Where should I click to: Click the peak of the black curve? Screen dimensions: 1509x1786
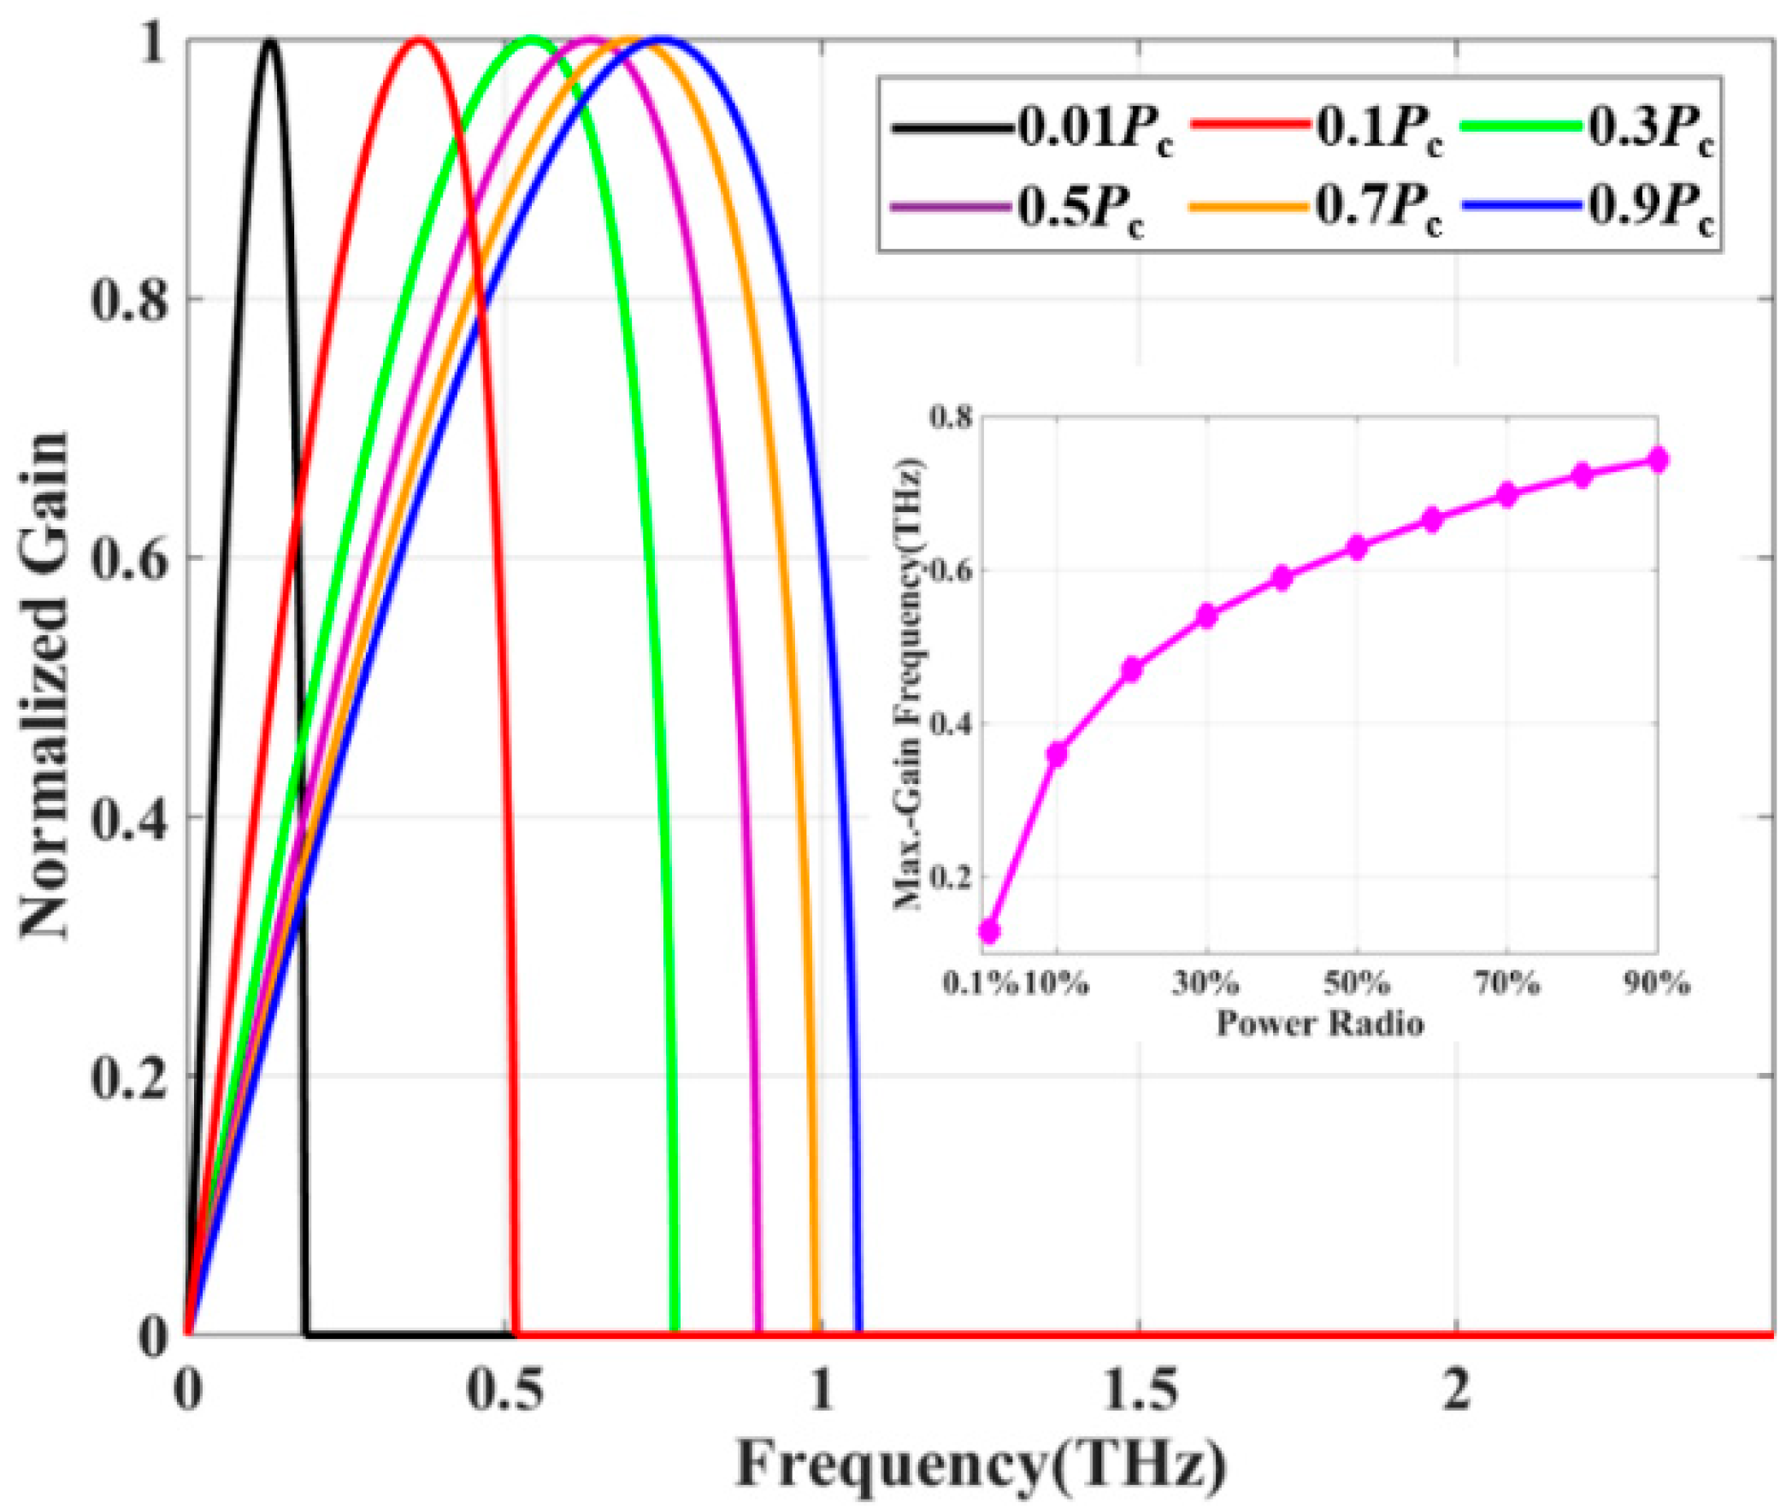pos(270,40)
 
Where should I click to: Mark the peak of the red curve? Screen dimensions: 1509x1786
pos(419,39)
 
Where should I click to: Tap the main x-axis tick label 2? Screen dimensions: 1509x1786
pos(1457,1392)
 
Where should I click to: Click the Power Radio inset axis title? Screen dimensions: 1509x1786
pos(1319,1023)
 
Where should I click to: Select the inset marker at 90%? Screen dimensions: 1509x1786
pos(1658,460)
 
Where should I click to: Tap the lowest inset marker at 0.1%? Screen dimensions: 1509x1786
pos(990,931)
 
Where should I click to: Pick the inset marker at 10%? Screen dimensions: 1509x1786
pos(1058,753)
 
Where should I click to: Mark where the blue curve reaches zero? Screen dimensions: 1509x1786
pos(858,1333)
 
